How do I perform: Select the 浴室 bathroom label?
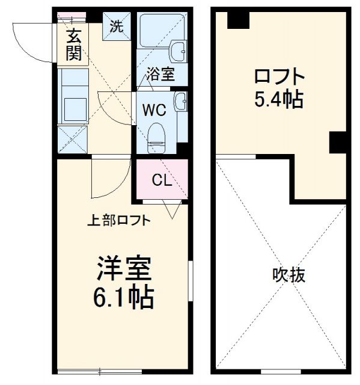(160, 75)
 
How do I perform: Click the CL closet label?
(160, 179)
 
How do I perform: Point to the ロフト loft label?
(279, 77)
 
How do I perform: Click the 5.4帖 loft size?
(278, 99)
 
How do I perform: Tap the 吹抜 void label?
(287, 275)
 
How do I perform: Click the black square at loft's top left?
(238, 19)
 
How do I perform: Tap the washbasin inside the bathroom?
(180, 52)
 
